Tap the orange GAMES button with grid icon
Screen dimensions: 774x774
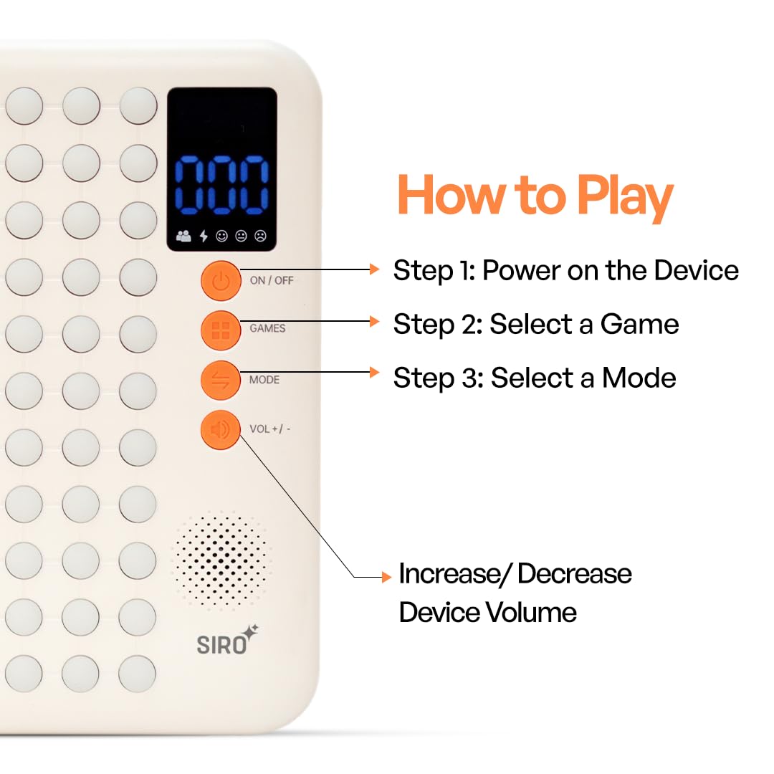[221, 330]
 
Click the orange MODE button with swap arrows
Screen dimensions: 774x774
[221, 380]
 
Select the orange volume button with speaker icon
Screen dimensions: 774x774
[221, 430]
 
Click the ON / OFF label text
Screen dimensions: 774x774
[272, 280]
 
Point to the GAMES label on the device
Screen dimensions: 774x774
[267, 328]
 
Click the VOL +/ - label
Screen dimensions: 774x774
[270, 429]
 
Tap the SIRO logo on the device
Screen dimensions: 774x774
[227, 640]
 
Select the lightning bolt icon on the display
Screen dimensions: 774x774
[204, 236]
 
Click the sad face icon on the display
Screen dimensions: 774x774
[260, 236]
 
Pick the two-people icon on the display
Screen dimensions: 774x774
[183, 236]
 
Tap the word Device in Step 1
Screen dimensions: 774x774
[697, 270]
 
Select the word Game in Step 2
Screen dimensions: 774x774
[640, 325]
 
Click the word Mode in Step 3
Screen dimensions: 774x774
[639, 378]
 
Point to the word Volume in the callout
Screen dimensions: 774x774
[531, 613]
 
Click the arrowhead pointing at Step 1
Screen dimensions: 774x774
[375, 269]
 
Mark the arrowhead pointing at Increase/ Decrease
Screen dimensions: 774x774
[387, 577]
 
